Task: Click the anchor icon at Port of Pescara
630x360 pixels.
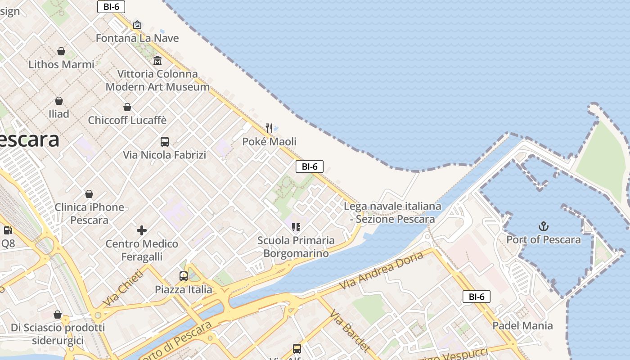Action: click(544, 226)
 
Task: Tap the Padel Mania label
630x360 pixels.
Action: click(522, 325)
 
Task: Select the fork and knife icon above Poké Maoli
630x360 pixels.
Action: click(269, 128)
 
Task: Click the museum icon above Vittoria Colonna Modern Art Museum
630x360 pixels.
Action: click(157, 60)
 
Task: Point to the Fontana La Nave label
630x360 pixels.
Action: click(137, 38)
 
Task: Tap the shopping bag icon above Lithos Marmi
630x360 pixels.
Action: click(61, 51)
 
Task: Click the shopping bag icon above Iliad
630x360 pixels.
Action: click(59, 101)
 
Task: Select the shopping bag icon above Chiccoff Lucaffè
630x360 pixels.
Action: click(127, 107)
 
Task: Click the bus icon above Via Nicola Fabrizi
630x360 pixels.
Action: click(165, 142)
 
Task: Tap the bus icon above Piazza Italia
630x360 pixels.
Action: click(184, 276)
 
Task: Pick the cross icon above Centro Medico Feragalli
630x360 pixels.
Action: click(142, 230)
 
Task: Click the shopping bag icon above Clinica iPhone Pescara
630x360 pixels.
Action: click(89, 194)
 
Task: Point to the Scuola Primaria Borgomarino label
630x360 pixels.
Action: click(296, 247)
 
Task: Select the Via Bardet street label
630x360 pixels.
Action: click(350, 331)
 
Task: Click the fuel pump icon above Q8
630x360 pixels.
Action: click(8, 230)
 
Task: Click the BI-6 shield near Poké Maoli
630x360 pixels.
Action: click(310, 166)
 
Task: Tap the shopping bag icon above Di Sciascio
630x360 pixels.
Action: click(58, 315)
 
